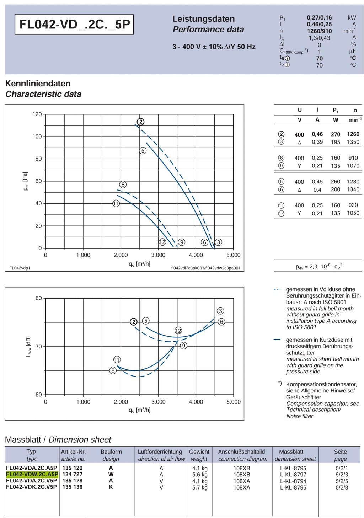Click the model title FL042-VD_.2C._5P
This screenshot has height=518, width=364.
(x=75, y=24)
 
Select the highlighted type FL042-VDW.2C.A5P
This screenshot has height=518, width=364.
(x=32, y=474)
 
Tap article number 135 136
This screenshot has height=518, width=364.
(x=72, y=487)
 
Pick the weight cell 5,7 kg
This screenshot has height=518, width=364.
(x=200, y=487)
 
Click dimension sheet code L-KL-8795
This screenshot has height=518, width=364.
(x=293, y=468)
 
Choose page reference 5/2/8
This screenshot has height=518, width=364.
(x=342, y=487)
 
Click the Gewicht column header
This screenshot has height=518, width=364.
(x=199, y=452)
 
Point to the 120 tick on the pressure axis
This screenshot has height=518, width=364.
(x=37, y=114)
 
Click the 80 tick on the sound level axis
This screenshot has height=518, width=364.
(x=38, y=298)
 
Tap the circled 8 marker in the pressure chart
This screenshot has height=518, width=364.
(x=123, y=185)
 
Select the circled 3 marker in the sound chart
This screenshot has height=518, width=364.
(x=220, y=311)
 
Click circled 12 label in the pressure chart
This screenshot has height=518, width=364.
(x=162, y=242)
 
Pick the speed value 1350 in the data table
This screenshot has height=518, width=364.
(x=353, y=142)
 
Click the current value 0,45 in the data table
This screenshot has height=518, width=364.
(x=317, y=182)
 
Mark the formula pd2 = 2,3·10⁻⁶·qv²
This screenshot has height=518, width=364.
(x=319, y=267)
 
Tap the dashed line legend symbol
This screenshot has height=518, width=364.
(x=277, y=289)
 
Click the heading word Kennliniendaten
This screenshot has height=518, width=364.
(x=38, y=84)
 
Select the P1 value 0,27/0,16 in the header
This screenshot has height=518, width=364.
(x=319, y=17)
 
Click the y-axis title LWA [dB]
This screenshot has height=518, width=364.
(x=28, y=346)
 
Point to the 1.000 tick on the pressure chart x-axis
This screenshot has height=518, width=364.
(x=83, y=255)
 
